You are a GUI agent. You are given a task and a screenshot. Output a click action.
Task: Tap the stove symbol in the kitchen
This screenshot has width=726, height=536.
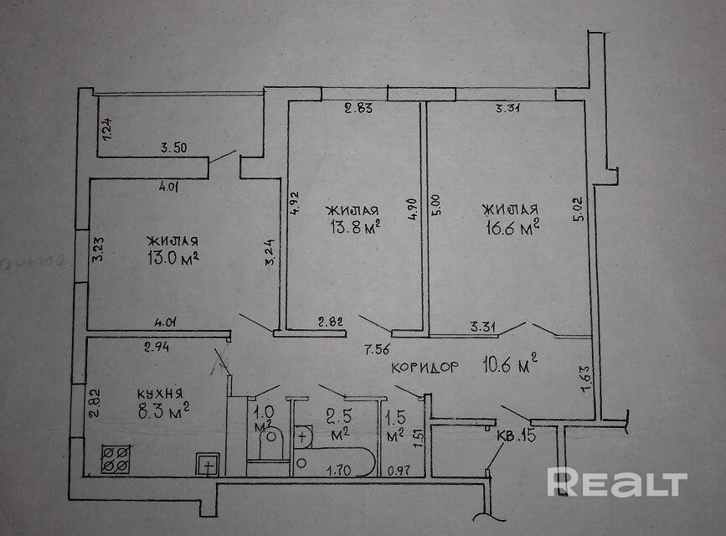coord(116,458)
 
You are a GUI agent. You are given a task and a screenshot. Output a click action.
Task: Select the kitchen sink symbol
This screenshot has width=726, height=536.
coord(208,463)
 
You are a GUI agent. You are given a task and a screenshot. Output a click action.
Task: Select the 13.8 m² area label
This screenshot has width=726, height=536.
coord(353,227)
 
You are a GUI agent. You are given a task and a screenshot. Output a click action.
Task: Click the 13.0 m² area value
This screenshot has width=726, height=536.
coord(171,258)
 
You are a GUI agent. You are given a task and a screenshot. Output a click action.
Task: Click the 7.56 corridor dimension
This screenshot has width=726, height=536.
coord(374,348)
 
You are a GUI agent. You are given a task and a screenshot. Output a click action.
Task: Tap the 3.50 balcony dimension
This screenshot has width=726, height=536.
coord(173,148)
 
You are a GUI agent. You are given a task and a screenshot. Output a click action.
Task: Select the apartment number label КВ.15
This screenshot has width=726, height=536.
coord(516,435)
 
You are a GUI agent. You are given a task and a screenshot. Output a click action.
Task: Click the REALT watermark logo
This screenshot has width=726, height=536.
coord(617,483)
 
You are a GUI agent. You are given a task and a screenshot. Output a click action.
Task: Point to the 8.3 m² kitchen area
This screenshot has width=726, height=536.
coord(162,410)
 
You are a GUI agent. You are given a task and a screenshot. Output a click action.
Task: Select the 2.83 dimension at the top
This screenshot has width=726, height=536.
coord(358,106)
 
